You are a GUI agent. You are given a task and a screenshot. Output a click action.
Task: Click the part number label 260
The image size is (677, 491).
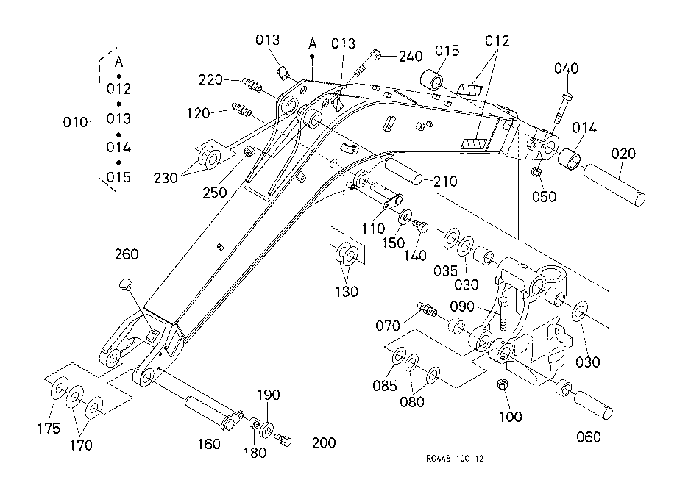pyautogui.click(x=126, y=254)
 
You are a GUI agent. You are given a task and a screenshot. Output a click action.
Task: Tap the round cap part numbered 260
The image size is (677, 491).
pyautogui.click(x=125, y=284)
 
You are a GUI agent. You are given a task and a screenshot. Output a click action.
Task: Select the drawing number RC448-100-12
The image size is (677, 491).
pyautogui.click(x=455, y=458)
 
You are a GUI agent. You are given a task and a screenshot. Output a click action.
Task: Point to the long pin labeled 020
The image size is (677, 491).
pyautogui.click(x=614, y=184)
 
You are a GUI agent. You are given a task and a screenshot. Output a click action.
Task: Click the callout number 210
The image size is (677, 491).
pyautogui.click(x=445, y=181)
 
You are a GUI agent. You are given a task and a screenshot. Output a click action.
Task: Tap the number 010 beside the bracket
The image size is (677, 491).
pyautogui.click(x=75, y=123)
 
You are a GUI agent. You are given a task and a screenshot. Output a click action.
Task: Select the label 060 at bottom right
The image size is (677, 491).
pyautogui.click(x=589, y=437)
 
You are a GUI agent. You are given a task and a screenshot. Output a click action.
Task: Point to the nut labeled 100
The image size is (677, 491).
pyautogui.click(x=502, y=384)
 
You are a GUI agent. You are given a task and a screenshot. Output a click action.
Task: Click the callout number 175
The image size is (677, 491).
pyautogui.click(x=49, y=428)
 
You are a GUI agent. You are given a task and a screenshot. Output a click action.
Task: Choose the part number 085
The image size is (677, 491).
pyautogui.click(x=385, y=385)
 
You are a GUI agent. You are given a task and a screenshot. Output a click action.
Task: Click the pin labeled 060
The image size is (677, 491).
pyautogui.click(x=593, y=404)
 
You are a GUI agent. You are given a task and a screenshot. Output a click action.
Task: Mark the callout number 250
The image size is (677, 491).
pyautogui.click(x=215, y=193)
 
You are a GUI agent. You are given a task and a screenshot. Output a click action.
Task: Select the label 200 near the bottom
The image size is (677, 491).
pyautogui.click(x=324, y=442)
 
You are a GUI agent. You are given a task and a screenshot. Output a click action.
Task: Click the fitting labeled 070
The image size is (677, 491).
pyautogui.click(x=428, y=309)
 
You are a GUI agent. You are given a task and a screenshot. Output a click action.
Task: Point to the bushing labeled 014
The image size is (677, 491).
pyautogui.click(x=570, y=159)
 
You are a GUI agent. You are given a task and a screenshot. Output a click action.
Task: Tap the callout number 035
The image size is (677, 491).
pyautogui.click(x=445, y=270)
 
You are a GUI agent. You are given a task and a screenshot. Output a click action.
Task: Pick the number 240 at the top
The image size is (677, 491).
pyautogui.click(x=410, y=56)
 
